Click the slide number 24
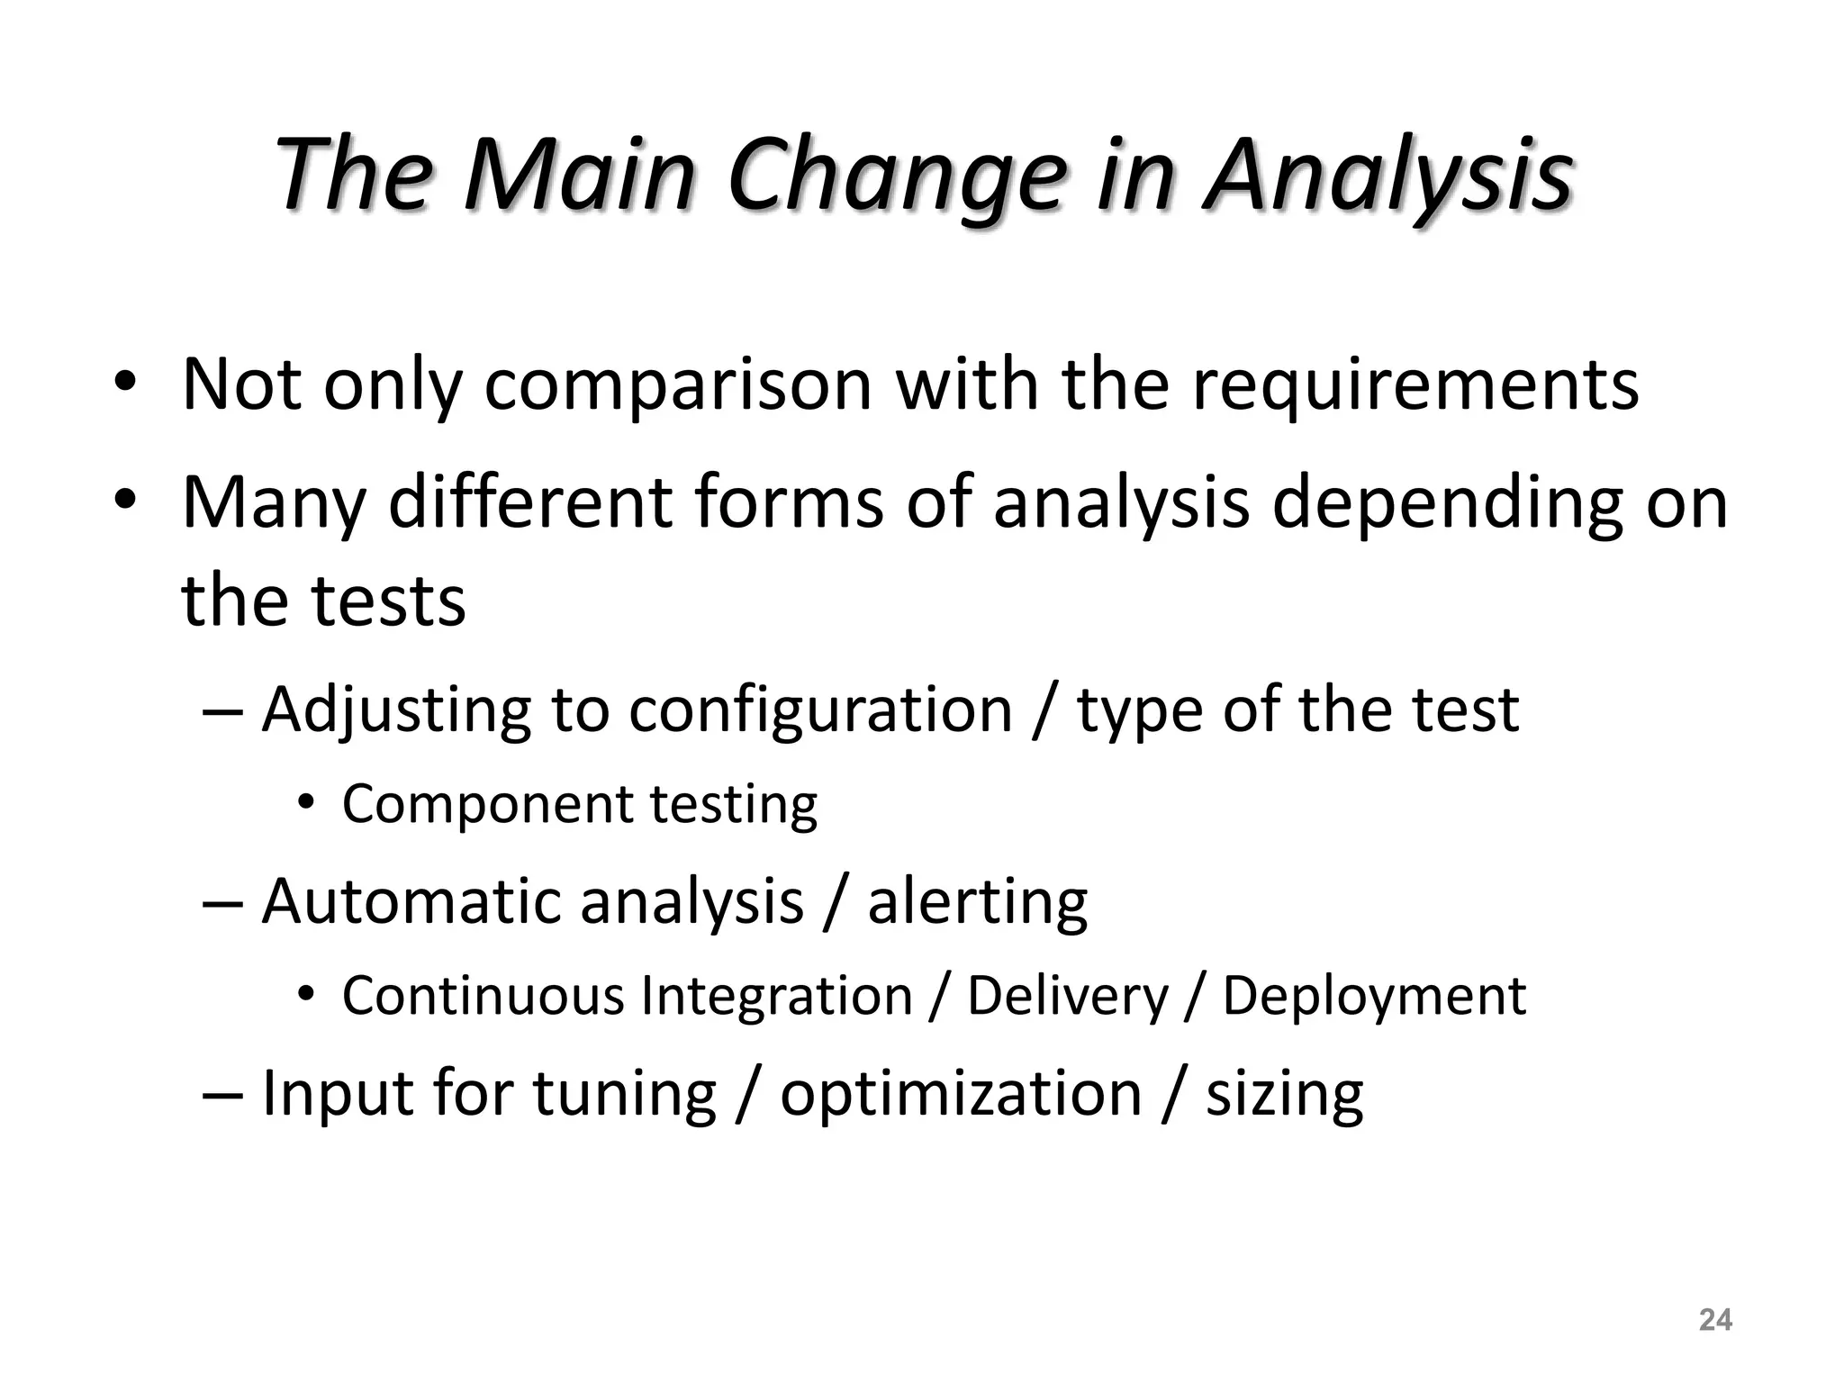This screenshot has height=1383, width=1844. pyautogui.click(x=1714, y=1320)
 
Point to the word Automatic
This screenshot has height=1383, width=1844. pyautogui.click(x=410, y=901)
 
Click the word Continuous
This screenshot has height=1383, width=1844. pyautogui.click(x=484, y=996)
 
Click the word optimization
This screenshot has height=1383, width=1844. pyautogui.click(x=961, y=1094)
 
